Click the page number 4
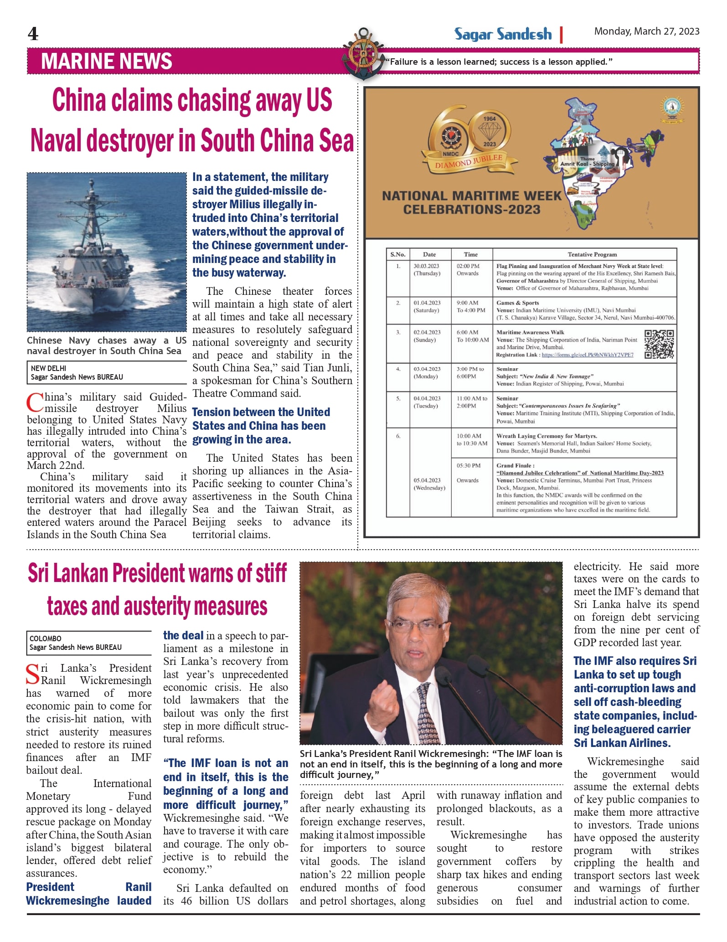coord(33,34)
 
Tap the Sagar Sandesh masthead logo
coord(503,34)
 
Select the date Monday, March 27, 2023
coord(646,31)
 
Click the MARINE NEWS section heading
coord(106,61)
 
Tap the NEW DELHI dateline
coord(48,368)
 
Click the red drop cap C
coord(35,403)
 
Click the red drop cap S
coord(33,675)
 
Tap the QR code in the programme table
coord(659,345)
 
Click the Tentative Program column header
coord(592,254)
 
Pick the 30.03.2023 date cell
coord(426,266)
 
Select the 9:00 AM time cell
coord(467,303)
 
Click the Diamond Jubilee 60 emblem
coord(469,137)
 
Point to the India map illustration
coord(593,164)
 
